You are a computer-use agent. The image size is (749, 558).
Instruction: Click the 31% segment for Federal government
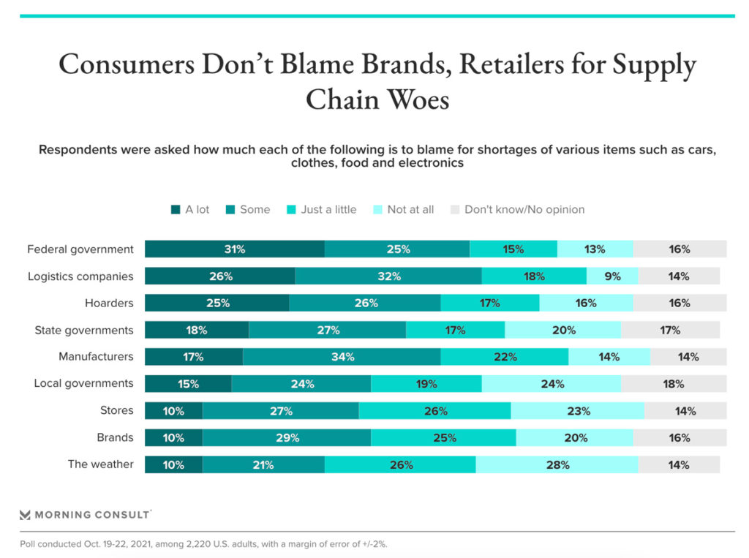tap(234, 249)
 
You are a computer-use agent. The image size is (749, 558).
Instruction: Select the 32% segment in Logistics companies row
tap(388, 276)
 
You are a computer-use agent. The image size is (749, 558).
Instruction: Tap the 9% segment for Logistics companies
tap(612, 276)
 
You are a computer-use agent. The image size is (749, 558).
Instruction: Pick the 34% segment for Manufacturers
tap(342, 357)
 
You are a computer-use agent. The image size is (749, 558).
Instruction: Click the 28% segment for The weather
tap(557, 464)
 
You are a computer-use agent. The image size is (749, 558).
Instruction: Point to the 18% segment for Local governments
tap(673, 384)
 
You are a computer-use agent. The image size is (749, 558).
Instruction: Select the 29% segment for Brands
tap(287, 438)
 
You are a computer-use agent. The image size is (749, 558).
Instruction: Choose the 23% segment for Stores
tap(577, 411)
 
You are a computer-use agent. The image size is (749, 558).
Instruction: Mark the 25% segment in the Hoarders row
tap(217, 303)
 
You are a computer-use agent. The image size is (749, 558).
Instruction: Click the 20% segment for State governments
tap(562, 330)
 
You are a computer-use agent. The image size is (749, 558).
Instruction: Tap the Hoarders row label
tap(109, 303)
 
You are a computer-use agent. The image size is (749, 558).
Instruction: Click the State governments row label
tap(84, 330)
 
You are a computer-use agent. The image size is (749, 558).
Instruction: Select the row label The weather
tap(101, 464)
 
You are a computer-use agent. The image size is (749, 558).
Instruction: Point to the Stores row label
tap(117, 410)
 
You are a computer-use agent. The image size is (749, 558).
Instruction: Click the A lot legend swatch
tap(176, 210)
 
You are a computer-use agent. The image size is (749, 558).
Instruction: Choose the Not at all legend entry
tap(410, 210)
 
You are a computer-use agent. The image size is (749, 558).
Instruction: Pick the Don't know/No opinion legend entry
tap(524, 210)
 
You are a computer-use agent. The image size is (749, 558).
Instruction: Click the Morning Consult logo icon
tap(26, 514)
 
